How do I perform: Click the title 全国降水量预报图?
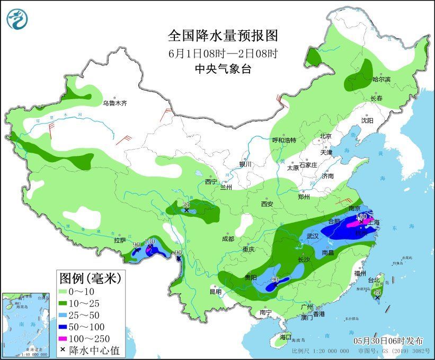[223, 36]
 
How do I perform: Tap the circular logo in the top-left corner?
[17, 19]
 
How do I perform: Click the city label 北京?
[325, 136]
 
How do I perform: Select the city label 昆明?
[216, 292]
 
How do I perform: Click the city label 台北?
[374, 280]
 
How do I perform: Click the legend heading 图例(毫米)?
[90, 277]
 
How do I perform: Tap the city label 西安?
[266, 204]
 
